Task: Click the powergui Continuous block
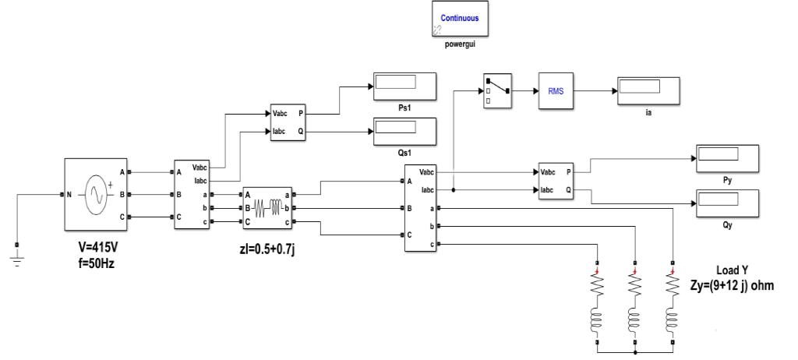460,19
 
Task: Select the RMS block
556,90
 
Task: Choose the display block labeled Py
726,157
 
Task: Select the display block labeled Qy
726,203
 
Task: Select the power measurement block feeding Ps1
287,122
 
